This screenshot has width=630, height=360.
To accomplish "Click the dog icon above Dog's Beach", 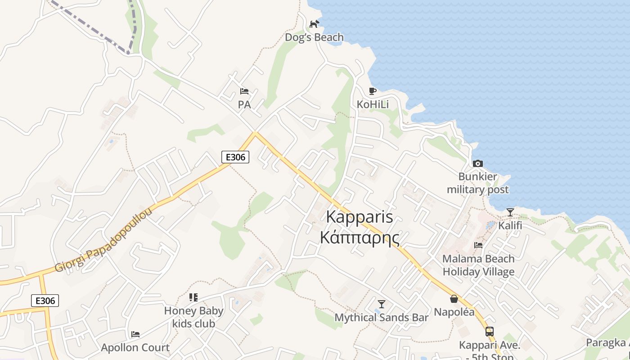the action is tap(314, 24).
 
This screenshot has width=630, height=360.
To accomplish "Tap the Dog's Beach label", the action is tap(314, 37).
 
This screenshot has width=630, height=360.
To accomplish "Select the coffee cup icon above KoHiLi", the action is tap(372, 91).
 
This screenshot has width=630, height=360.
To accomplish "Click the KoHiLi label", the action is tap(373, 104).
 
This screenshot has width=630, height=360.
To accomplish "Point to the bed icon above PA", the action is tap(244, 91).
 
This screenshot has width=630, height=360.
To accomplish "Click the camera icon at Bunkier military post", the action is tap(477, 163).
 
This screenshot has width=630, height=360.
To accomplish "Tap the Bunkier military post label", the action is tap(477, 183).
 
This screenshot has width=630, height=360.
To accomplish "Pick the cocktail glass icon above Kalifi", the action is tap(510, 212).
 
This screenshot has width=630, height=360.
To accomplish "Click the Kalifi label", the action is tap(510, 225).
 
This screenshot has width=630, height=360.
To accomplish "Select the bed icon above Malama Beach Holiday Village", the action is tap(478, 245).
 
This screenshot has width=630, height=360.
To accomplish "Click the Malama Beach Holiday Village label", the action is tap(478, 265).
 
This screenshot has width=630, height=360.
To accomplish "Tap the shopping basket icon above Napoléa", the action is tap(454, 299).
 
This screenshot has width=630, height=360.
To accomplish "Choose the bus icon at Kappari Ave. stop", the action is tap(489, 332).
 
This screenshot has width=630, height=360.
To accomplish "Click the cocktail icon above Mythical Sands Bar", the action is tap(382, 304).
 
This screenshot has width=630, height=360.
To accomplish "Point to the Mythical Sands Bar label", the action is tap(382, 318).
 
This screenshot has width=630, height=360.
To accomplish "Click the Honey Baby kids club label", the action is tap(193, 317).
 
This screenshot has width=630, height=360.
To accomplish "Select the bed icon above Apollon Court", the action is tap(135, 334).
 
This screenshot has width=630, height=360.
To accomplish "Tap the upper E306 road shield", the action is tap(235, 157).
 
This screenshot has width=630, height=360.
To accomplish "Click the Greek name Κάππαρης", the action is tap(360, 237).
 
